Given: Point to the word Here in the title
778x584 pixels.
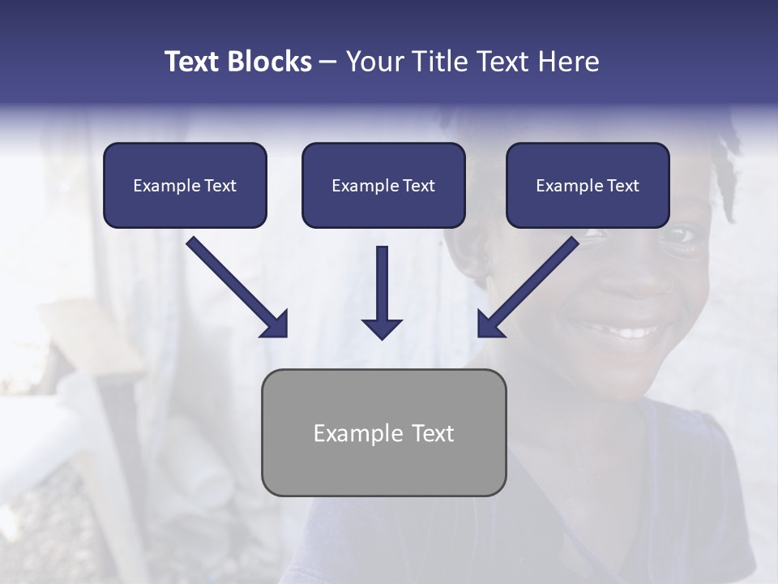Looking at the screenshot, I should pyautogui.click(x=568, y=62).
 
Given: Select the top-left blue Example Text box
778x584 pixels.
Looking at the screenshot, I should pyautogui.click(x=185, y=185).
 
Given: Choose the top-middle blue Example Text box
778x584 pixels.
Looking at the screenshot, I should pyautogui.click(x=383, y=185).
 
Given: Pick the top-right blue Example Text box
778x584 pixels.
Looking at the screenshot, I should pyautogui.click(x=588, y=185).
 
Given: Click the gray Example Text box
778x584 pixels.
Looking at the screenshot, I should pyautogui.click(x=383, y=432).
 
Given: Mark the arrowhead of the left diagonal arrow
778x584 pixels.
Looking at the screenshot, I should pyautogui.click(x=276, y=324).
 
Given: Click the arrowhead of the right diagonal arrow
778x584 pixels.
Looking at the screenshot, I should pyautogui.click(x=489, y=324).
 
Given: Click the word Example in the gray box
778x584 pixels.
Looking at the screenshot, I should pyautogui.click(x=347, y=433).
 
